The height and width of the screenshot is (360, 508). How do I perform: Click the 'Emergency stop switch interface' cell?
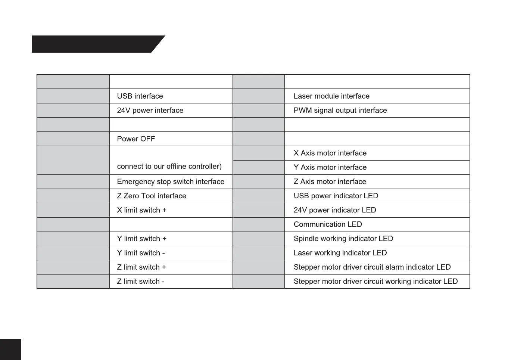(x=171, y=181)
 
